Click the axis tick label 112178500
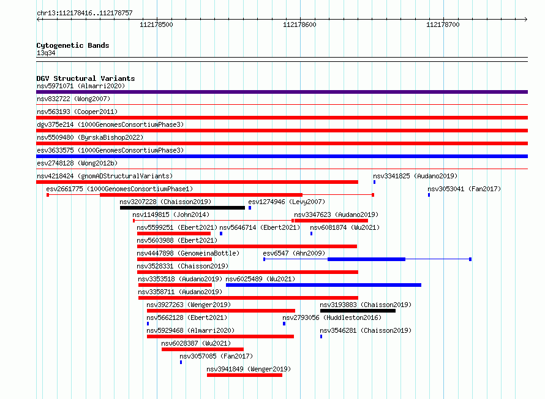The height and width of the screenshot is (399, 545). pyautogui.click(x=156, y=25)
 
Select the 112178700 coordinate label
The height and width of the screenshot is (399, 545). pyautogui.click(x=443, y=25)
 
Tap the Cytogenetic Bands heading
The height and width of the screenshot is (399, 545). pyautogui.click(x=73, y=45)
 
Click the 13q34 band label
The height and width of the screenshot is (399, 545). pyautogui.click(x=46, y=53)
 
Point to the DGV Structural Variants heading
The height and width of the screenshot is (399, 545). pyautogui.click(x=86, y=78)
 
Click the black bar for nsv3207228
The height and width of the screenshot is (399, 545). pyautogui.click(x=182, y=208)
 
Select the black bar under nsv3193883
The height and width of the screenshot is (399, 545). pyautogui.click(x=358, y=311)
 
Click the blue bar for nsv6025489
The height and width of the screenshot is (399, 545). pyautogui.click(x=323, y=285)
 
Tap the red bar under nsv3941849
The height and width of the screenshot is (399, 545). pyautogui.click(x=244, y=375)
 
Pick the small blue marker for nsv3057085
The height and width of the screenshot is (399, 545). pyautogui.click(x=181, y=362)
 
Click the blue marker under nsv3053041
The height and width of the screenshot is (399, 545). pyautogui.click(x=429, y=195)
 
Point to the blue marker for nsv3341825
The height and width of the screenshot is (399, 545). pyautogui.click(x=374, y=182)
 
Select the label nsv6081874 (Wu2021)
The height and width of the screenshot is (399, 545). pyautogui.click(x=345, y=227)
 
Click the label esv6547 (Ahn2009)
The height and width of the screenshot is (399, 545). pyautogui.click(x=294, y=253)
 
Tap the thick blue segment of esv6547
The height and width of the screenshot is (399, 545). pyautogui.click(x=366, y=259)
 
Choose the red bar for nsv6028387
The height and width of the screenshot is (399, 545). pyautogui.click(x=203, y=349)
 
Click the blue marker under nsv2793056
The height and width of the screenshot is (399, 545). pyautogui.click(x=284, y=324)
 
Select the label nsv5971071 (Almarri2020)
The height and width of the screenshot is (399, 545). pyautogui.click(x=81, y=86)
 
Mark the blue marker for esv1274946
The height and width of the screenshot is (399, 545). pyautogui.click(x=250, y=208)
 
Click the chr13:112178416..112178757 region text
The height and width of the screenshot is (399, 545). pyautogui.click(x=85, y=13)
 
